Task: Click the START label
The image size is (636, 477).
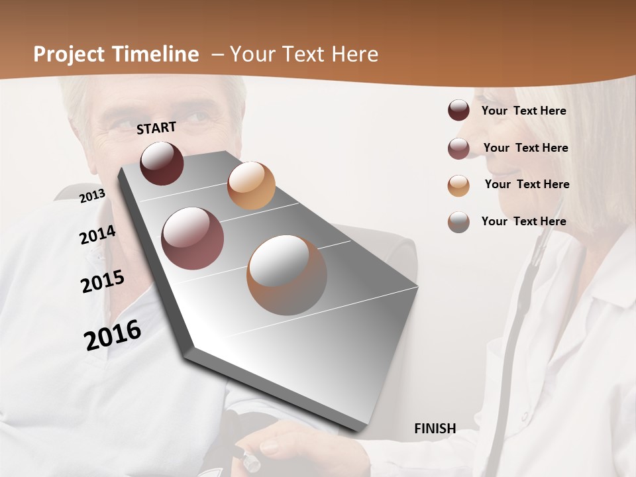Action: [x=156, y=128]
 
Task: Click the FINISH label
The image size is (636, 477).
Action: [x=435, y=429]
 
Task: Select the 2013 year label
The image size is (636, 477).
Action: [x=92, y=195]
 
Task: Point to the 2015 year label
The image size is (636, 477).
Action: [x=103, y=282]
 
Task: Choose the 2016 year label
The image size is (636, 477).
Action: [x=113, y=335]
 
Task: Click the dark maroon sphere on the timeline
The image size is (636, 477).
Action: [x=162, y=163]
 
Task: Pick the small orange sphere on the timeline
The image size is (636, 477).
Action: [x=251, y=185]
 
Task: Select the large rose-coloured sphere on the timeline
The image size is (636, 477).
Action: [x=193, y=238]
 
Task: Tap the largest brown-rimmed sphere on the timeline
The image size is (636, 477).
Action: [x=287, y=275]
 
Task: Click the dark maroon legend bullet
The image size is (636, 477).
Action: [x=458, y=111]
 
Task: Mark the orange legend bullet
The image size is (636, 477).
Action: [x=458, y=185]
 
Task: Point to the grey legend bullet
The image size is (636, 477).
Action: [x=458, y=222]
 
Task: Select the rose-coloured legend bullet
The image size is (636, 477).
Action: [x=458, y=148]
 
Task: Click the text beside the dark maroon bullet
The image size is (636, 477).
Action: [x=523, y=111]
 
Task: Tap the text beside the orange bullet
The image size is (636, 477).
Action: [x=527, y=184]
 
